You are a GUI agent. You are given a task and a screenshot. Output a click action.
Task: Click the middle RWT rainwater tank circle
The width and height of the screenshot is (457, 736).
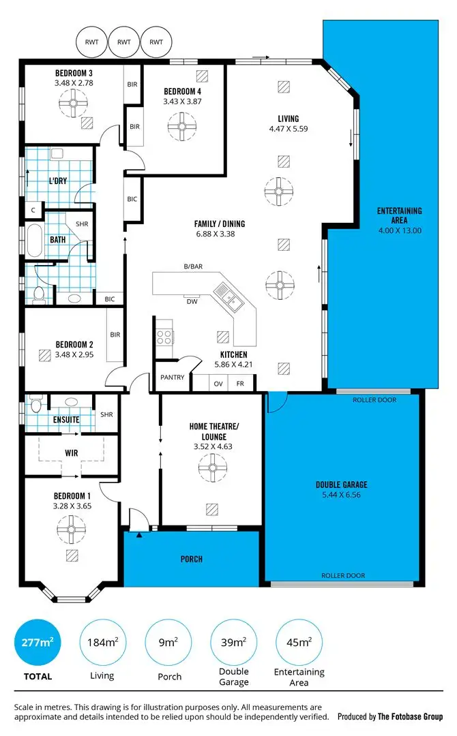coord(123,42)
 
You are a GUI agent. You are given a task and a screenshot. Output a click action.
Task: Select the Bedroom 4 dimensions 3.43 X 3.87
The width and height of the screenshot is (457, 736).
coord(182,102)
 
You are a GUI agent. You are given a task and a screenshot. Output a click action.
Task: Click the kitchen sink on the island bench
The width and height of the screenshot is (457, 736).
coord(226,296)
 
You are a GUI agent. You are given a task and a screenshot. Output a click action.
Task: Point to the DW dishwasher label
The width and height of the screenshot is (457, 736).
coord(192,302)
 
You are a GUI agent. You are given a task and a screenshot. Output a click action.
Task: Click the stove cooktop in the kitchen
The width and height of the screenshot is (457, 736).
coord(164,335)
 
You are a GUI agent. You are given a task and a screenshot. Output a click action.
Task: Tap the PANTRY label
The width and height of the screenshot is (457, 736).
coord(173,377)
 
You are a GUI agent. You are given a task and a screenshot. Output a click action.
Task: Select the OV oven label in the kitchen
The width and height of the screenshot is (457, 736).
coord(218,384)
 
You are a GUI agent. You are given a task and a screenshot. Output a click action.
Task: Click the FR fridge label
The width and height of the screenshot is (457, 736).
coord(240,384)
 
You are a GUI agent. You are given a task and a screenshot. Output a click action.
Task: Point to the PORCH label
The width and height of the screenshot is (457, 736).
coord(191,559)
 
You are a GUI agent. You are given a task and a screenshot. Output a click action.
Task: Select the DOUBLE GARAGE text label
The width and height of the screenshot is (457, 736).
coord(341,485)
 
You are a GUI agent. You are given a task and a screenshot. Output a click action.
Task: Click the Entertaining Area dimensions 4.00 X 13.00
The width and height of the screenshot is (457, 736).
coord(399,230)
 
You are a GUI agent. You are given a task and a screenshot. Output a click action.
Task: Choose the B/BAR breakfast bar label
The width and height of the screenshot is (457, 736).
coord(194,266)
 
